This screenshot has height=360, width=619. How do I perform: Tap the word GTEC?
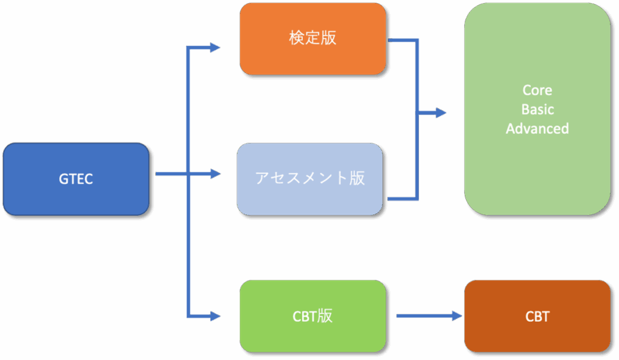(76, 179)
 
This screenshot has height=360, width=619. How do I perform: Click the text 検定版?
(313, 38)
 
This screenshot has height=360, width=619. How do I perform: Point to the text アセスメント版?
(309, 178)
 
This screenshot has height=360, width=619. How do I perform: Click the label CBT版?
(313, 316)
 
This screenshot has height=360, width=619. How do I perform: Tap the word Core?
(537, 90)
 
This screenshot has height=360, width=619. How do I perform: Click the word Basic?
(537, 109)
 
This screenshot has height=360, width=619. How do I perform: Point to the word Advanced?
(537, 129)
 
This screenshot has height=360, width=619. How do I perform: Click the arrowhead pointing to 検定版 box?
(215, 48)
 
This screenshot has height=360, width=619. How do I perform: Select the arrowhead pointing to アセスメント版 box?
(215, 174)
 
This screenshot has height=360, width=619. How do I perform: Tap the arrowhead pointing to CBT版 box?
(215, 316)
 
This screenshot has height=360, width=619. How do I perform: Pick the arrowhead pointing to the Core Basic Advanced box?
(441, 113)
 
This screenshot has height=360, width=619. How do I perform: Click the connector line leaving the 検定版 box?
(402, 41)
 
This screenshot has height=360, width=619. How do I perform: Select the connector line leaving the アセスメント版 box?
(402, 198)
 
